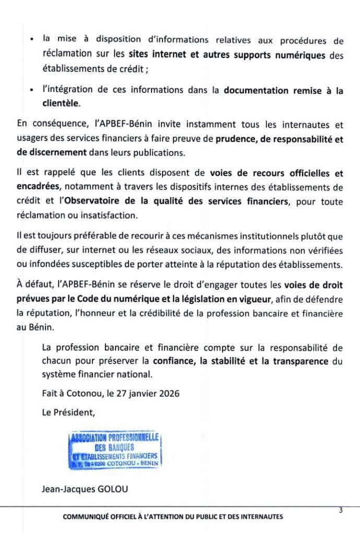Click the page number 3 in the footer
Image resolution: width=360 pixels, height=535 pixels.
click(340, 510)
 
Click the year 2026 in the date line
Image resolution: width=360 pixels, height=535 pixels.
click(167, 393)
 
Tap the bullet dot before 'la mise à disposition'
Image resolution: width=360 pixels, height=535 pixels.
click(32, 40)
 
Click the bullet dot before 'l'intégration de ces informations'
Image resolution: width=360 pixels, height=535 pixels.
click(32, 91)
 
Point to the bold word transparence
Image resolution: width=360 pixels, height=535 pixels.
click(297, 361)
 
